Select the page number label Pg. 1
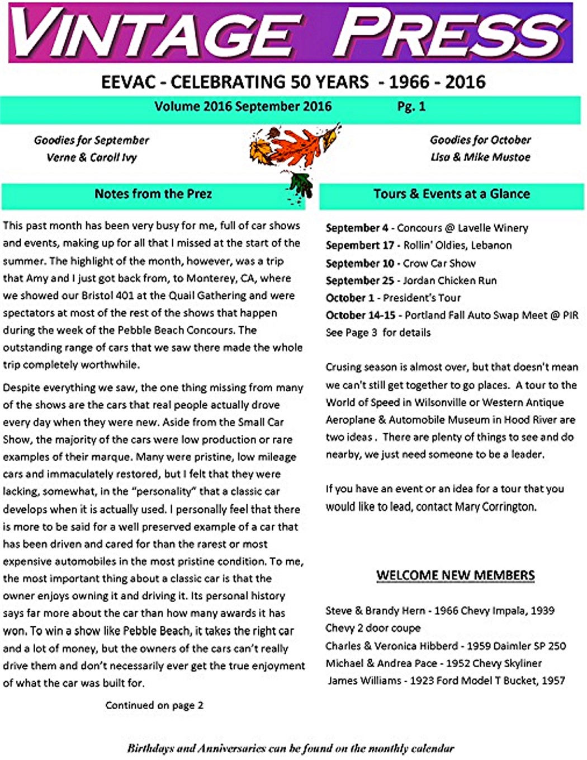(x=411, y=106)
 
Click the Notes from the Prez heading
(x=153, y=194)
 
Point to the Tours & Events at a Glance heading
(x=452, y=194)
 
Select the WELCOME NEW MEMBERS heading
(x=455, y=575)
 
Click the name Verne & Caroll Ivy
(x=92, y=157)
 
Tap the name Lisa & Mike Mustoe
(x=480, y=157)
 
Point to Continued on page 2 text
(x=154, y=705)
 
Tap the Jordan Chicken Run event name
(x=450, y=280)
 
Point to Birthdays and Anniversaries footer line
(x=291, y=748)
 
